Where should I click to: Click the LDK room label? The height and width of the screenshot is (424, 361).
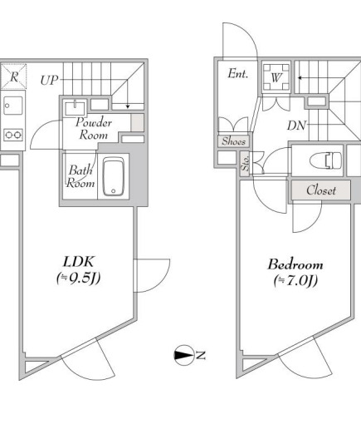(80, 262)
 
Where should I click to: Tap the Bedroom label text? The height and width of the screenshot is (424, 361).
(295, 264)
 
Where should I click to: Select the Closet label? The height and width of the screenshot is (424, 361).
(321, 190)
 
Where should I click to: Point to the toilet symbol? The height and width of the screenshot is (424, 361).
(325, 160)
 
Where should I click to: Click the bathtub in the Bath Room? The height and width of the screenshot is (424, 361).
(114, 176)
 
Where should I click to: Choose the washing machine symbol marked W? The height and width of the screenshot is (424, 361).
(276, 77)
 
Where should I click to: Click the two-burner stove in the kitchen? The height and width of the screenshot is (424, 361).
(13, 135)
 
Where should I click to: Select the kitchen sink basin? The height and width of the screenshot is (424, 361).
(13, 106)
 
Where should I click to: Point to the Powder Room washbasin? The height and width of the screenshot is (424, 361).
(75, 108)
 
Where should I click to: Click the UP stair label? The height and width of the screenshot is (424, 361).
(49, 80)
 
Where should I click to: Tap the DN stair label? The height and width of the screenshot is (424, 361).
(297, 126)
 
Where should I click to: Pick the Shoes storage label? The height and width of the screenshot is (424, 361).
(234, 141)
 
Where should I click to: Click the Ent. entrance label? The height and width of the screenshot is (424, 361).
(238, 74)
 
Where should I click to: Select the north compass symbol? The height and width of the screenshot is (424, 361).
(183, 355)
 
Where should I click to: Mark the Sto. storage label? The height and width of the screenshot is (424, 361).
(245, 163)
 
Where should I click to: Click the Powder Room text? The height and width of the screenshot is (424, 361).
(94, 129)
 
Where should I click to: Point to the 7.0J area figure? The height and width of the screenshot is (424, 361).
(295, 281)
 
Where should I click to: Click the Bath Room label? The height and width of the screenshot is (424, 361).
(80, 176)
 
